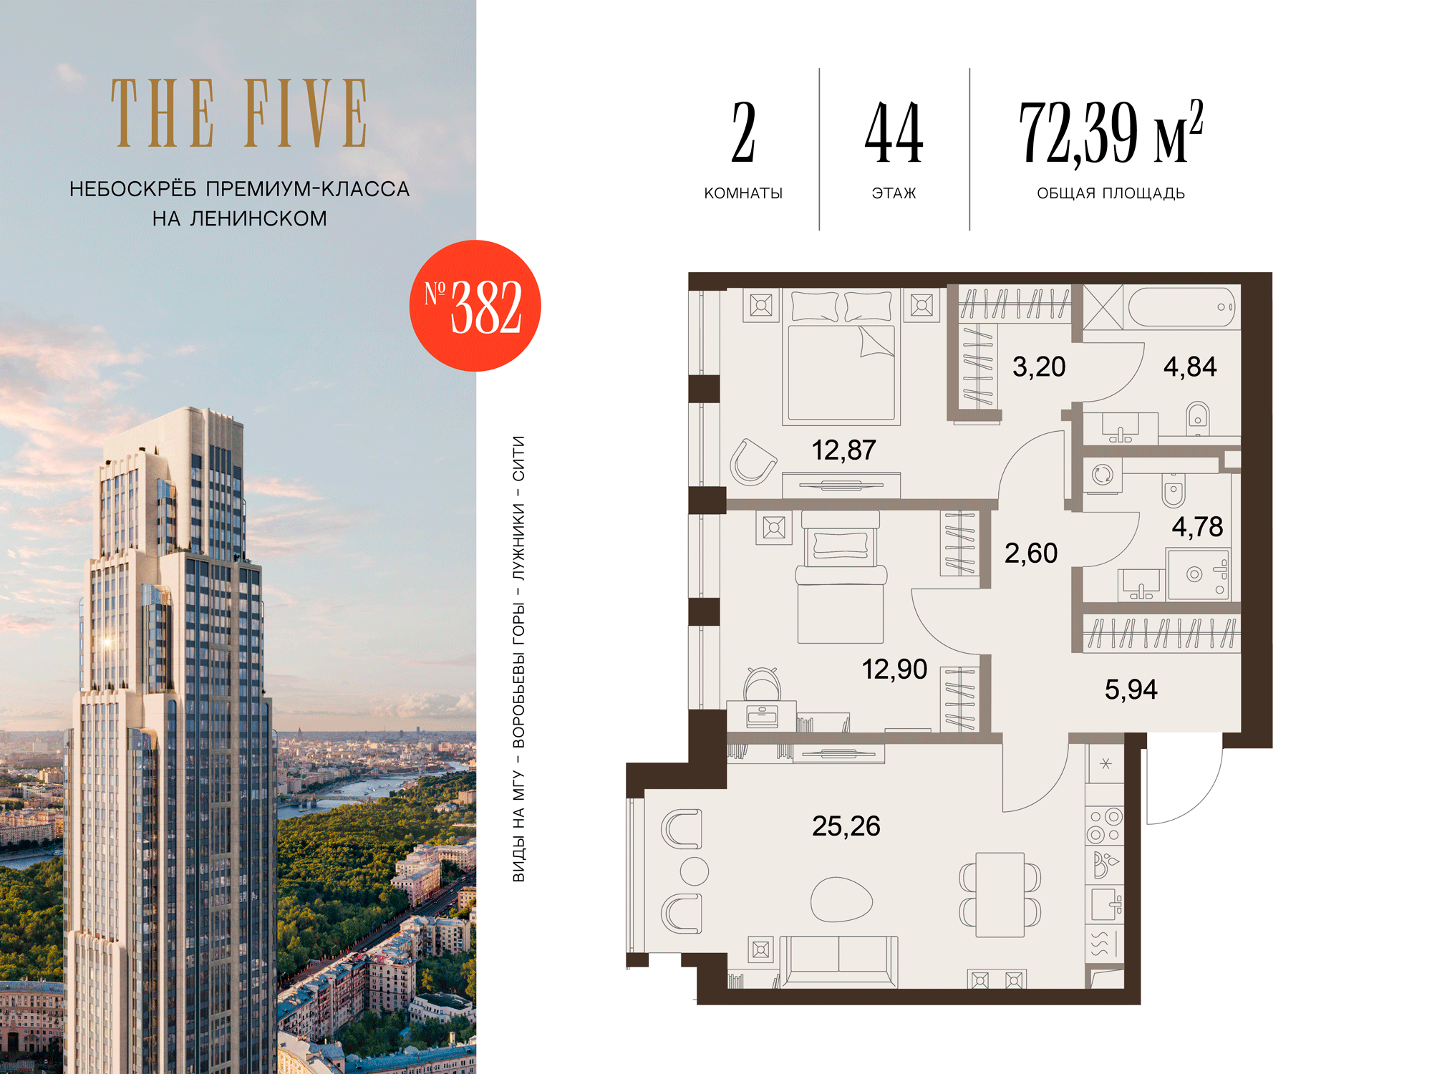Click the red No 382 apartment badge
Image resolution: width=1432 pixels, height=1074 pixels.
(x=475, y=306)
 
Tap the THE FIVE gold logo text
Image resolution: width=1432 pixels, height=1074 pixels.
(x=239, y=113)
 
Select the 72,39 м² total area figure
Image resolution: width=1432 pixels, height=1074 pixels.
(x=1111, y=132)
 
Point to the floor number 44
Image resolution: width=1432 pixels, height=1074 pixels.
(x=894, y=132)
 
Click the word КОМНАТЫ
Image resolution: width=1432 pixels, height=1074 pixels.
(x=743, y=193)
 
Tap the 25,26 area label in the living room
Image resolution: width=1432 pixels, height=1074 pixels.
(x=846, y=826)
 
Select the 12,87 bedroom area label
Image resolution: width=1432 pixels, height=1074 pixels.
(x=843, y=450)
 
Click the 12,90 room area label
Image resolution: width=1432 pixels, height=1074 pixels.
(x=894, y=669)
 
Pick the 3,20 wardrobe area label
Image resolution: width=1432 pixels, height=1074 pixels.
(x=1039, y=367)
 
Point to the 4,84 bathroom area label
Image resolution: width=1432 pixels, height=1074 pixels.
(x=1190, y=367)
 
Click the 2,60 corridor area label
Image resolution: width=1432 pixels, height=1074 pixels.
(x=1031, y=553)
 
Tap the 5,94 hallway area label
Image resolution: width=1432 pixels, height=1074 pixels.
(x=1131, y=690)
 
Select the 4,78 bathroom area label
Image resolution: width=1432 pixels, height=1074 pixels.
(x=1197, y=527)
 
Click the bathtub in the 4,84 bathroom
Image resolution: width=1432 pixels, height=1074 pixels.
(x=1182, y=307)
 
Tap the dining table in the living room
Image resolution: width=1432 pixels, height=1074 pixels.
(x=1000, y=894)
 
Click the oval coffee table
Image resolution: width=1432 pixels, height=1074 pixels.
(x=841, y=899)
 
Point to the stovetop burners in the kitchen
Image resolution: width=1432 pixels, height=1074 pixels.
(x=1105, y=826)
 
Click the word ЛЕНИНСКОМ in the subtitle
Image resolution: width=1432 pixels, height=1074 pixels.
(x=258, y=218)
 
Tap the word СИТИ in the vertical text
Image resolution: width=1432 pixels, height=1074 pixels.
(x=518, y=458)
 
